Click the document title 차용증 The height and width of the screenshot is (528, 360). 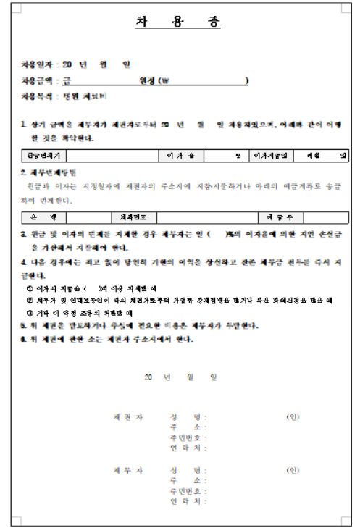[177, 22]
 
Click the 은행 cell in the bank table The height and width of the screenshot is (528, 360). [42, 217]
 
